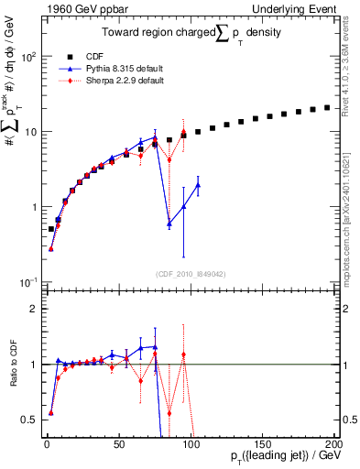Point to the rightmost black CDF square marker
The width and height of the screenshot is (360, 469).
327,107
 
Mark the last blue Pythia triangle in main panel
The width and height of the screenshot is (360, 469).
198,185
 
